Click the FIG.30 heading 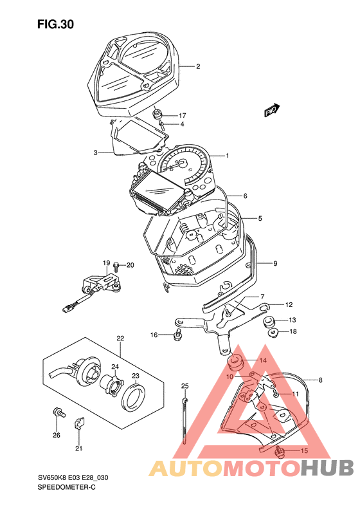tap(55, 24)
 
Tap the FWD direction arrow tap(272, 110)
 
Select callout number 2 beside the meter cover tap(198, 66)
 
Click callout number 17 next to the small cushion tap(182, 116)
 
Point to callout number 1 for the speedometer tap(228, 156)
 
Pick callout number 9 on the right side tap(275, 264)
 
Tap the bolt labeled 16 tap(177, 335)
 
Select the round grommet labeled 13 tap(268, 320)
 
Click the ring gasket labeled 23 tap(133, 397)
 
